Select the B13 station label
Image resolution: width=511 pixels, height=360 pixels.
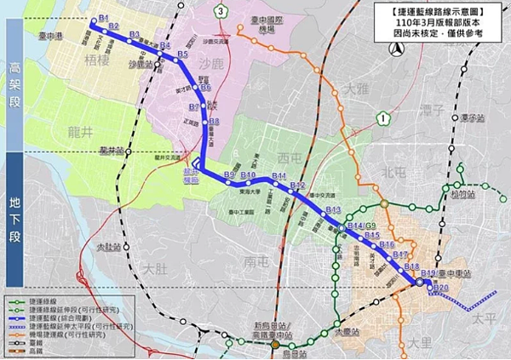[x=333, y=209]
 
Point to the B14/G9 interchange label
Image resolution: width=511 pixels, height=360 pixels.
[x=362, y=226]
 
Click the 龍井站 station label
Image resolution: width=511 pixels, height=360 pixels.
[x=112, y=150]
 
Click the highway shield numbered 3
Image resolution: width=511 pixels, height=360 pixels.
[x=221, y=11]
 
